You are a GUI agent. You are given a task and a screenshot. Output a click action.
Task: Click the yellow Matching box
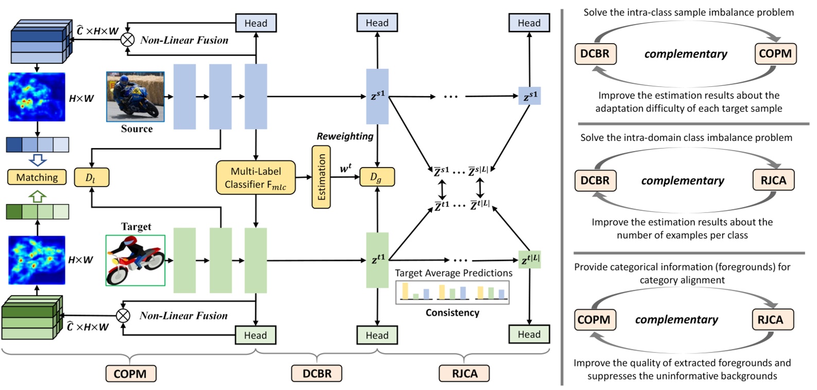(x=37, y=177)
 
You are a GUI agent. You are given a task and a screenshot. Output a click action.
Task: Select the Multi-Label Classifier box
(x=256, y=178)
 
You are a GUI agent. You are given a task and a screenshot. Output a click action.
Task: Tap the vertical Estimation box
(x=321, y=177)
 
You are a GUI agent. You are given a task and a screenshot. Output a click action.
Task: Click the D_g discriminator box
(x=377, y=177)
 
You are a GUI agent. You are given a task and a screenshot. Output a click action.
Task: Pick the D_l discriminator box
(x=92, y=177)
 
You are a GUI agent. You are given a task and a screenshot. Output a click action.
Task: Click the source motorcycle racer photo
(x=135, y=97)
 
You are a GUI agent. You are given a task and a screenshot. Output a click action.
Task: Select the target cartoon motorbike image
(x=135, y=261)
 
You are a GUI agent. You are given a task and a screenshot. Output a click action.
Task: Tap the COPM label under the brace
(x=130, y=374)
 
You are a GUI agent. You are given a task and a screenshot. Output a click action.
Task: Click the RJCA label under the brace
(x=464, y=374)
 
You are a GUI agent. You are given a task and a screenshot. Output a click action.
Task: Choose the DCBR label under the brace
(x=317, y=374)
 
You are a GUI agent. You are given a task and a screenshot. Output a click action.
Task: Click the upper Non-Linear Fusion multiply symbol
(x=127, y=40)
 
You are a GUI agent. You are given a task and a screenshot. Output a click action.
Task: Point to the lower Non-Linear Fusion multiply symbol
(x=122, y=315)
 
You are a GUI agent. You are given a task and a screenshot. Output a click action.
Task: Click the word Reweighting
(x=345, y=136)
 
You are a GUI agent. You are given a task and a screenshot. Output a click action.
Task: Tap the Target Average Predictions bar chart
(x=452, y=292)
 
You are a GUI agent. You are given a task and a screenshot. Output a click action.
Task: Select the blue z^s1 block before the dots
(x=377, y=97)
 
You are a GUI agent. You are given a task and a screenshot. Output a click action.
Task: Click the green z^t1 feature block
(x=377, y=260)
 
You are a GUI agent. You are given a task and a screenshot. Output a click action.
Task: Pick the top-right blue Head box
(x=529, y=23)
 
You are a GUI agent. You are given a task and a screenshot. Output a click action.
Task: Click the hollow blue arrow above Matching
(x=38, y=160)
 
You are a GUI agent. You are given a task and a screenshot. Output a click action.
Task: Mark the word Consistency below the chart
(x=452, y=312)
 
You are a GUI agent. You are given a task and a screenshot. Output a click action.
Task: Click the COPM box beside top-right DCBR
(x=775, y=53)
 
